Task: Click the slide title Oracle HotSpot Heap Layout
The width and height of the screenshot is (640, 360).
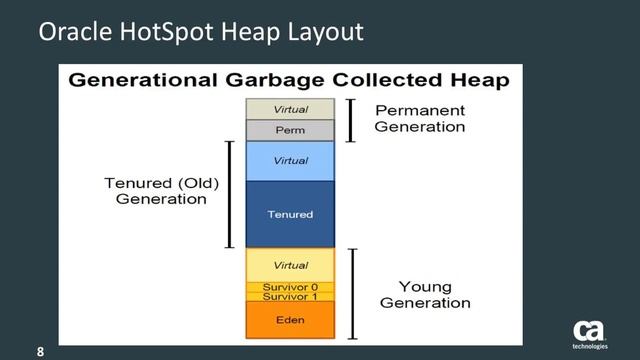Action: point(200,33)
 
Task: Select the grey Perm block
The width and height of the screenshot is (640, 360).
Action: point(290,130)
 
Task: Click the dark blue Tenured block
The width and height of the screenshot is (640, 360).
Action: point(290,214)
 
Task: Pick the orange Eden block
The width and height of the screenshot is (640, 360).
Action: point(290,320)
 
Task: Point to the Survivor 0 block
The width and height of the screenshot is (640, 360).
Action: point(290,287)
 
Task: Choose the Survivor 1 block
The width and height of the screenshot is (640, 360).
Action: point(290,297)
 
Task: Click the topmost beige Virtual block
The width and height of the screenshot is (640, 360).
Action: point(290,109)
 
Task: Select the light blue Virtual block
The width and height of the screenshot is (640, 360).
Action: point(290,160)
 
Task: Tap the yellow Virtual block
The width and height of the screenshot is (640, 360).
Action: point(290,265)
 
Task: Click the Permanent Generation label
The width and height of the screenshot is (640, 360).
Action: point(420,118)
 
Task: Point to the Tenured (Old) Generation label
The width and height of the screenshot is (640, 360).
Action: point(162,191)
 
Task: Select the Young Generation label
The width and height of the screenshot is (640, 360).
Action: point(427,295)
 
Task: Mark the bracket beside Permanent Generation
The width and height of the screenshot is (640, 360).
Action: point(351,120)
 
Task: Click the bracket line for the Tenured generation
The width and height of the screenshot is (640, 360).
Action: point(230,194)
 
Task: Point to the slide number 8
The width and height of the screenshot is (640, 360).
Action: point(41,352)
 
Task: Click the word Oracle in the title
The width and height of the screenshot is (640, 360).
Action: point(71,33)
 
